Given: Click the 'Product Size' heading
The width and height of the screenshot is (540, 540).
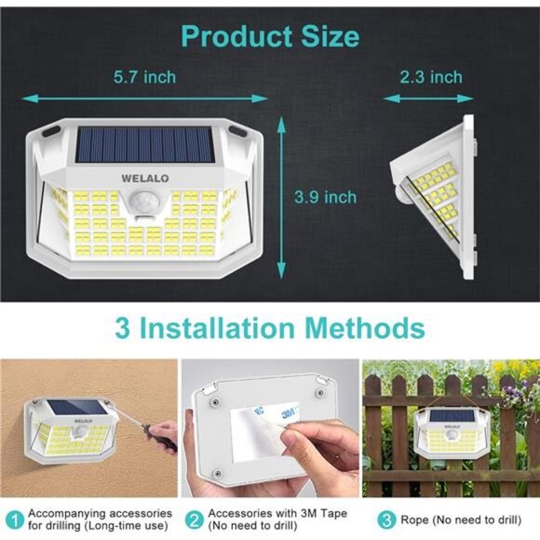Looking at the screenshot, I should click(269, 36).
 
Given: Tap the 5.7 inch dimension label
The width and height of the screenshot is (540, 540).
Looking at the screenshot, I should click(143, 76).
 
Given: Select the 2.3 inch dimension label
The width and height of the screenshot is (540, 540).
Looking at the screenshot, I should click(430, 76).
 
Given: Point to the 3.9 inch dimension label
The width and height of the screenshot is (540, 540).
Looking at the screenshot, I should click(325, 196).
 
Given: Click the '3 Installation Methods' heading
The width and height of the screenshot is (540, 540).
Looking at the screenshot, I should click(270, 328).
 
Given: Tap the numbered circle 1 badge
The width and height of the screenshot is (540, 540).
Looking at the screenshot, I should click(15, 519).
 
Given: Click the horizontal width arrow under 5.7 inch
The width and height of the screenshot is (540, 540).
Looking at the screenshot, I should click(144, 97).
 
